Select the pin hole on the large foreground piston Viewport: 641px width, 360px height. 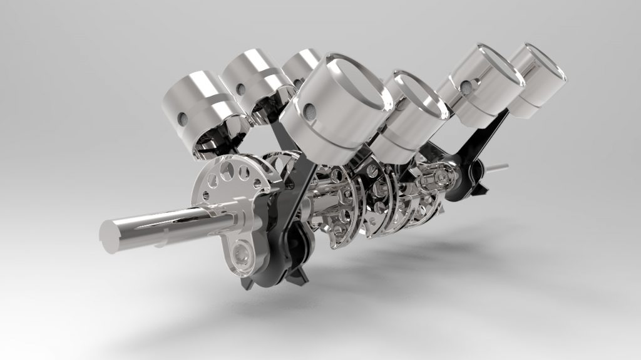tap(309, 111)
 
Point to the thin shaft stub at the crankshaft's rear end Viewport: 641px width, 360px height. tap(498, 168)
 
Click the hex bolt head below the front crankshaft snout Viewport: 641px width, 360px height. tap(241, 253)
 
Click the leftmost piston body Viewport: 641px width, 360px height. tap(194, 103)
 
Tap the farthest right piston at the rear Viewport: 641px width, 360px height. tap(538, 78)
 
